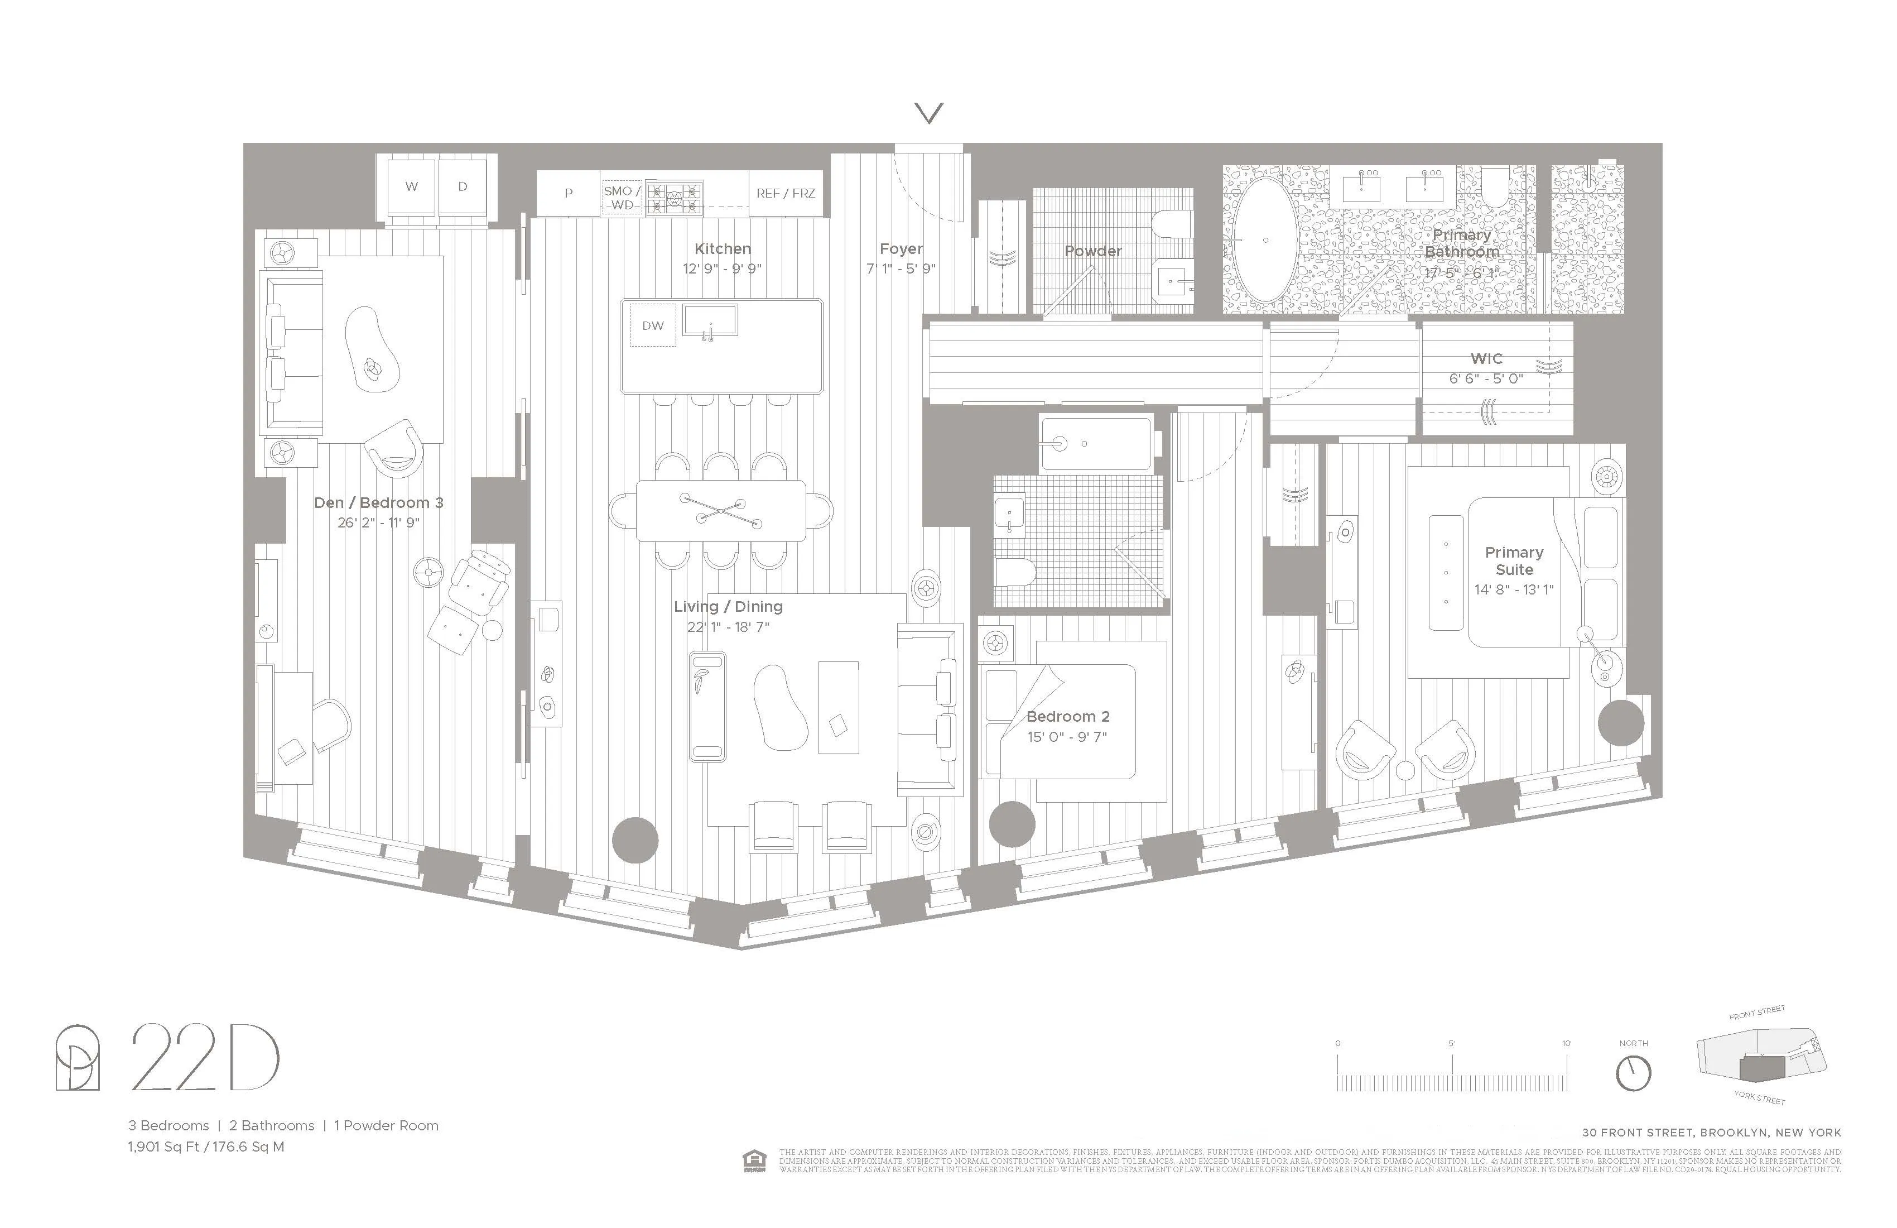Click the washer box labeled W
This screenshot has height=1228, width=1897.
[x=411, y=186]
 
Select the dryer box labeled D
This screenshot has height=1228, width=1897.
[x=463, y=186]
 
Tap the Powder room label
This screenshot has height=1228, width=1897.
[x=1093, y=251]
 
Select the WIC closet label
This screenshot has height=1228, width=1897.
[x=1486, y=359]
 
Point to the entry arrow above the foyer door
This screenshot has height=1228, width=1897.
[x=928, y=113]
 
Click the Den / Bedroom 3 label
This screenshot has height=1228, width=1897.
[x=379, y=503]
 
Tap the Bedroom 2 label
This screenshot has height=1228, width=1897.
[x=1067, y=717]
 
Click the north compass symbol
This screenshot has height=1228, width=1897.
[x=1633, y=1073]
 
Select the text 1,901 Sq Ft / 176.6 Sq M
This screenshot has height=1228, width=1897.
[x=206, y=1147]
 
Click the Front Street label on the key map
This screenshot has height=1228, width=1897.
[x=1757, y=1013]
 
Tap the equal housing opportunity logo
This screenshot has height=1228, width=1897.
[x=754, y=1161]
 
